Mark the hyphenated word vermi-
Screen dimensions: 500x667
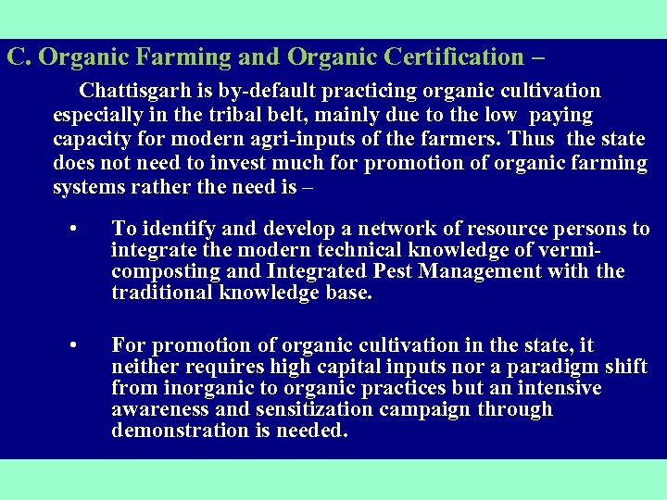pos(568,250)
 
